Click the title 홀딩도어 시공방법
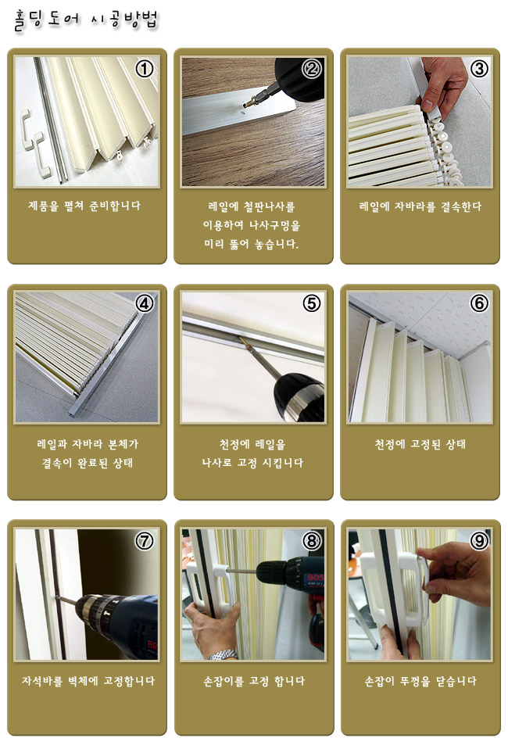[x=86, y=21]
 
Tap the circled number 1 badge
[x=145, y=69]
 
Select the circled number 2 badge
[x=311, y=69]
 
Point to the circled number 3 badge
[x=478, y=69]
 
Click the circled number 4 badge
[x=145, y=304]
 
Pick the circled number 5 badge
[x=311, y=304]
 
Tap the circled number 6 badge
[x=478, y=304]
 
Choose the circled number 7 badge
[x=145, y=540]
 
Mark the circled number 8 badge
[x=311, y=540]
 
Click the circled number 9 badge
[x=478, y=540]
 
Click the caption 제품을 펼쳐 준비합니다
[x=84, y=206]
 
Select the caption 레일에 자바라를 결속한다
[x=420, y=206]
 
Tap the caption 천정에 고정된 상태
[x=420, y=444]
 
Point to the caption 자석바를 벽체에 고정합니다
[x=88, y=681]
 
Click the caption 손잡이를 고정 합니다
[x=254, y=681]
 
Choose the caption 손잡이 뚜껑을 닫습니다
[x=420, y=681]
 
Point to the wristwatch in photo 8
[x=224, y=654]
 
